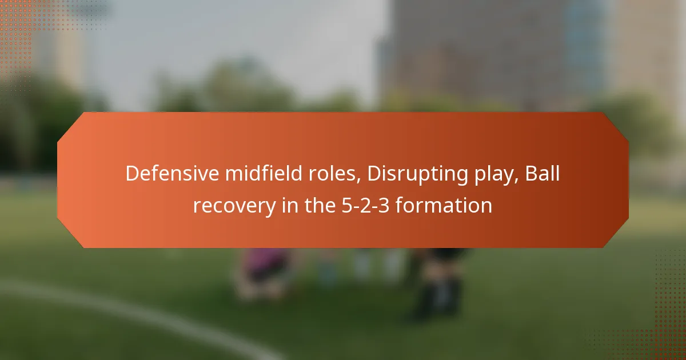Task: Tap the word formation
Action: pyautogui.click(x=444, y=205)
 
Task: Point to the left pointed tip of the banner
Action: pyautogui.click(x=59, y=180)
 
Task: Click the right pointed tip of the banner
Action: pyautogui.click(x=627, y=180)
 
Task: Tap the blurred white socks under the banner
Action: pyautogui.click(x=377, y=266)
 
